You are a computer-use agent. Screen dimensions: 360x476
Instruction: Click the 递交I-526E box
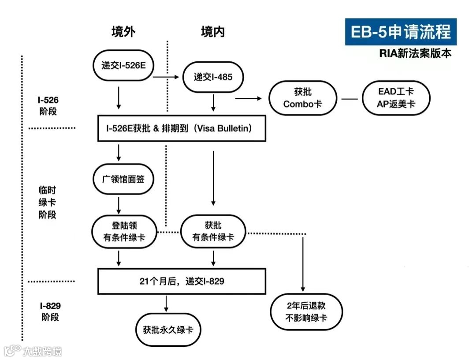tap(123, 65)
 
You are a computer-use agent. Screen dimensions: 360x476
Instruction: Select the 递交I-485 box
tap(213, 77)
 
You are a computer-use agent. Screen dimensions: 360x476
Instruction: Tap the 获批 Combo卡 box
tap(303, 98)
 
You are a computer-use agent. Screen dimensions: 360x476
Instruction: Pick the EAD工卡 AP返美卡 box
tap(396, 98)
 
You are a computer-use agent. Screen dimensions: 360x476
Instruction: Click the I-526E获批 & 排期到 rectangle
tap(182, 128)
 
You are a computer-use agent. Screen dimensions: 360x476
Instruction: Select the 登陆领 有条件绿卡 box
tap(124, 232)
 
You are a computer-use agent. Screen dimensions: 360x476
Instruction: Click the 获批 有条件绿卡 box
tap(213, 232)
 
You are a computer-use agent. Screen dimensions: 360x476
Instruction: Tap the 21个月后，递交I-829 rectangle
tap(182, 281)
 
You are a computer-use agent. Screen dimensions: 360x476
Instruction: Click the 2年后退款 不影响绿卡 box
tap(306, 311)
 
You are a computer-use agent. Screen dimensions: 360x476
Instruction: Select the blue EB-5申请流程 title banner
tap(401, 32)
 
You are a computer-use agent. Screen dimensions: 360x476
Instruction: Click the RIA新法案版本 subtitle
tap(415, 54)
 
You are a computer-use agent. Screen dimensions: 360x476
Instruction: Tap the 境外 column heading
tap(123, 32)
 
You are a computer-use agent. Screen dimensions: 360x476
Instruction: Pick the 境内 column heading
tap(213, 32)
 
